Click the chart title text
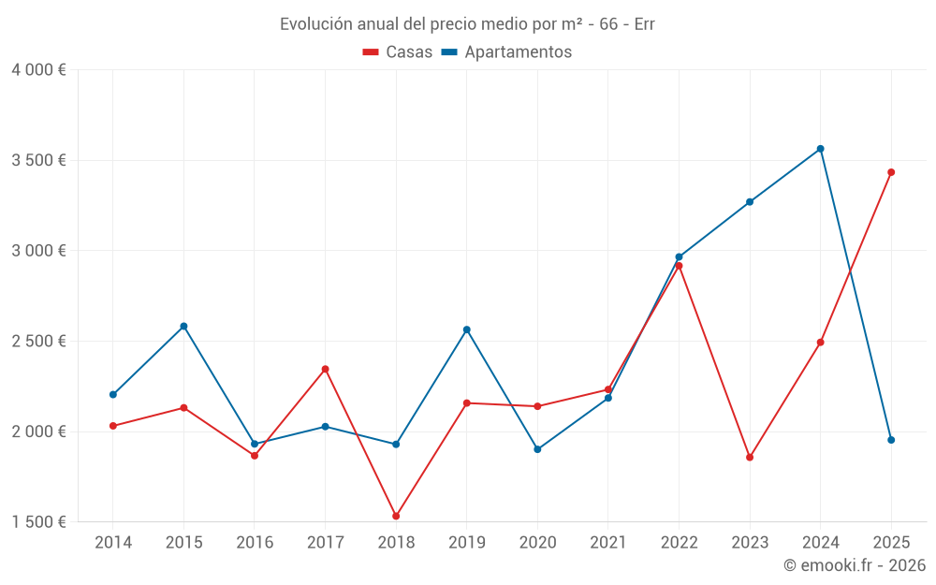point(467,24)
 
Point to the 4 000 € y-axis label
point(38,70)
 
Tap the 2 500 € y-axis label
point(38,342)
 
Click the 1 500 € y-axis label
point(38,522)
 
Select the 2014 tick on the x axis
point(113,543)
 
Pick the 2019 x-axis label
point(467,543)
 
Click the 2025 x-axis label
point(891,543)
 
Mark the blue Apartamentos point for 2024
point(821,149)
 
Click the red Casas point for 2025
point(891,172)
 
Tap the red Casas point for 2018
point(396,516)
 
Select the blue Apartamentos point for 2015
point(183,326)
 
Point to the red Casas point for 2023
point(750,458)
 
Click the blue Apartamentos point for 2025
point(891,440)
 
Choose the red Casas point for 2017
point(326,369)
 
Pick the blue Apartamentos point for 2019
point(467,329)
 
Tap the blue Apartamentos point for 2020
point(537,449)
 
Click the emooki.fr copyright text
point(855,565)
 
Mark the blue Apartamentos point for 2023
point(750,202)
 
